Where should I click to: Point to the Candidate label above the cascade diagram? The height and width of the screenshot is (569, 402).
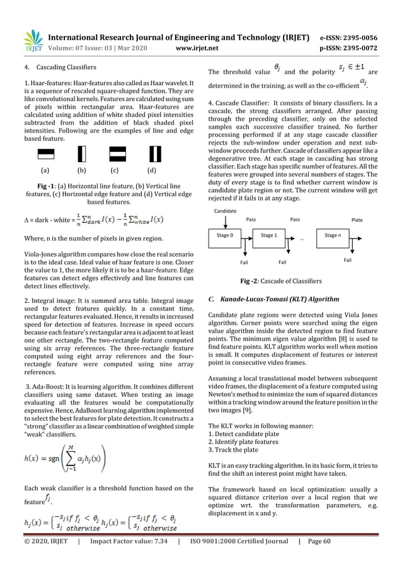pos(225,210)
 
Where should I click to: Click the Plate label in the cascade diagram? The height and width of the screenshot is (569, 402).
pos(357,221)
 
